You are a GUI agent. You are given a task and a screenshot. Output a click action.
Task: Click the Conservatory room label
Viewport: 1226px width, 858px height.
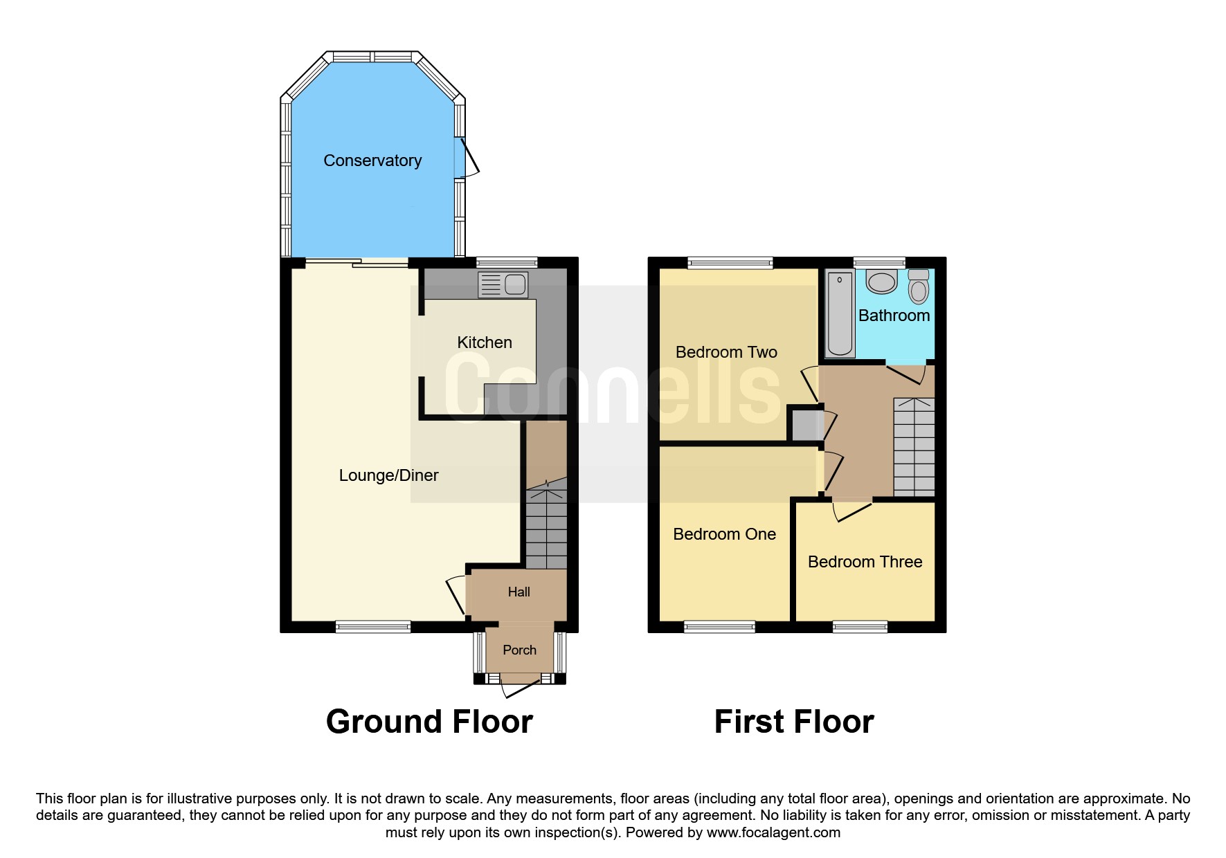pyautogui.click(x=372, y=161)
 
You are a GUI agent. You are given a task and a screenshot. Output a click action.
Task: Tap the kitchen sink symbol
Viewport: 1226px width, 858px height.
pyautogui.click(x=503, y=284)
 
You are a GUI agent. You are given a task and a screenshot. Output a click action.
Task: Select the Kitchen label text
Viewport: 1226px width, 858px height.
pyautogui.click(x=485, y=343)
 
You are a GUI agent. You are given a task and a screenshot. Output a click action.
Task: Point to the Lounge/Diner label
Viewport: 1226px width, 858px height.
pyautogui.click(x=388, y=475)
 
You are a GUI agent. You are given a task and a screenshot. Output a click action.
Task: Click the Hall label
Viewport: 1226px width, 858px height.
pyautogui.click(x=519, y=592)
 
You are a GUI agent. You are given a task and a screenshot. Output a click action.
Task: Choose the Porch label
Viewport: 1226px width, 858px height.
pyautogui.click(x=519, y=650)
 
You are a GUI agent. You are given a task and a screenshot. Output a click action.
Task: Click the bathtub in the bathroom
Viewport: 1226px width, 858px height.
pyautogui.click(x=840, y=314)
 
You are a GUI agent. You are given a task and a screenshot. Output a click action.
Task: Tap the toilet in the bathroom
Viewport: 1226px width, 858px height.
pyautogui.click(x=919, y=286)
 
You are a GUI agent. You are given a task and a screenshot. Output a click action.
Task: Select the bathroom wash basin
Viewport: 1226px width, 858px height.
pyautogui.click(x=882, y=282)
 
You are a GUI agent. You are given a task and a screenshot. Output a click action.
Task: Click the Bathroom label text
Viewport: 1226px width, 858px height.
pyautogui.click(x=894, y=316)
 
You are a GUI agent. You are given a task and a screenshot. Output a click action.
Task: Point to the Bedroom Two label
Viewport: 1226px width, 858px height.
pyautogui.click(x=726, y=352)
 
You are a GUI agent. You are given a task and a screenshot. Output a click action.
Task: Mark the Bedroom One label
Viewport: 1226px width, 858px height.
pyautogui.click(x=724, y=534)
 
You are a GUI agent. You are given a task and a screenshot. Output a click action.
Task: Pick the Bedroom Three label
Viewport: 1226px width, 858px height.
pyautogui.click(x=865, y=562)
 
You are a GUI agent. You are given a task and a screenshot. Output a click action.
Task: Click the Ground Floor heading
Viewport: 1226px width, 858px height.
pyautogui.click(x=429, y=722)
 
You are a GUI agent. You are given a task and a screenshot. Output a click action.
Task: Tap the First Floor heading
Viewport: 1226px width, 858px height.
pyautogui.click(x=794, y=722)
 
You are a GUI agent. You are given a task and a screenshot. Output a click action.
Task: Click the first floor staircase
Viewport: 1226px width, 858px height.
pyautogui.click(x=914, y=447)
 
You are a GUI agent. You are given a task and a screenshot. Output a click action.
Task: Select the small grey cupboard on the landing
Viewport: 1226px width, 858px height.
pyautogui.click(x=805, y=426)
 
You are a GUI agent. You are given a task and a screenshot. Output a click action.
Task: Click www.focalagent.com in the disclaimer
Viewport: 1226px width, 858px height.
pyautogui.click(x=773, y=832)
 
